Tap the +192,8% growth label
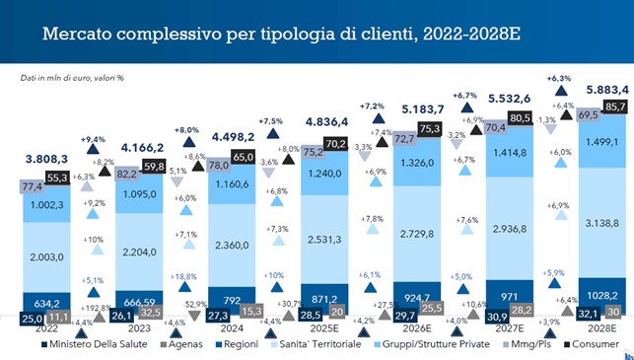[x=96, y=308]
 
